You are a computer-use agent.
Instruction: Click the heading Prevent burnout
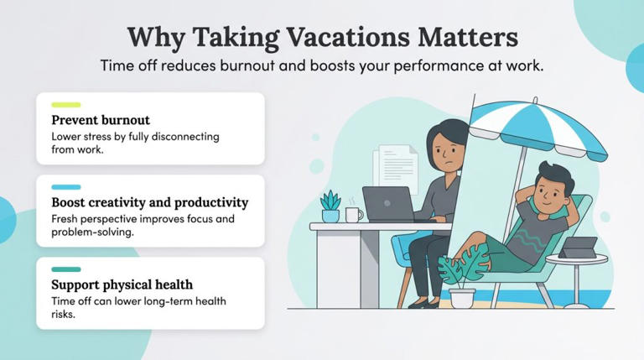101,120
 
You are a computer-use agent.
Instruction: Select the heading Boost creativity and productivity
149,202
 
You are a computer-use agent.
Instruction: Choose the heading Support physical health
122,284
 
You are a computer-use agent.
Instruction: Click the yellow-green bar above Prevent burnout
66,105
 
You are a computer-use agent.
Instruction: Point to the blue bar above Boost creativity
66,187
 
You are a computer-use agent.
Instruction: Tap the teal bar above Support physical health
66,269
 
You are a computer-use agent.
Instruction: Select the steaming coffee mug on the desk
354,214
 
